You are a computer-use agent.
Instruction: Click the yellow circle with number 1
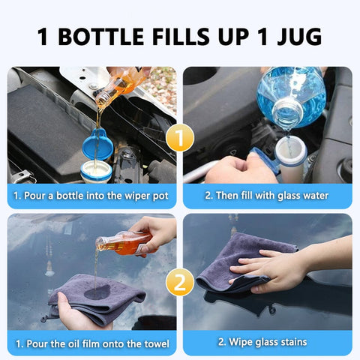tap(180, 137)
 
